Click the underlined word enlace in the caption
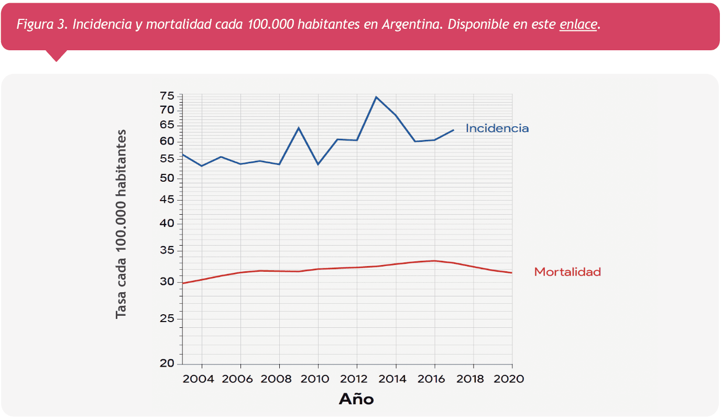pyautogui.click(x=578, y=25)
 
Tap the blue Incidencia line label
pyautogui.click(x=497, y=128)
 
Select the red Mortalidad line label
pyautogui.click(x=567, y=272)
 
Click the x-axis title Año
pyautogui.click(x=356, y=400)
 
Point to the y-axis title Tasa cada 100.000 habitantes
pyautogui.click(x=121, y=224)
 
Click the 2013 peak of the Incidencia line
pyautogui.click(x=376, y=97)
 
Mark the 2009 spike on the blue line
pyautogui.click(x=298, y=128)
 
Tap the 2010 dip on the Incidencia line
pyautogui.click(x=318, y=164)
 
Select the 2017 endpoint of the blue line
pyautogui.click(x=453, y=130)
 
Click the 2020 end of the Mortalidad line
pyautogui.click(x=511, y=273)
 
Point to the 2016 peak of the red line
pyautogui.click(x=434, y=261)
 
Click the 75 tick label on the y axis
pyautogui.click(x=167, y=96)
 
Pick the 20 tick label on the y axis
pyautogui.click(x=167, y=363)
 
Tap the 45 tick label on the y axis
pyautogui.click(x=167, y=200)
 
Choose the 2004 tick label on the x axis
pyautogui.click(x=201, y=379)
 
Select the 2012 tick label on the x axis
pyautogui.click(x=356, y=379)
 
